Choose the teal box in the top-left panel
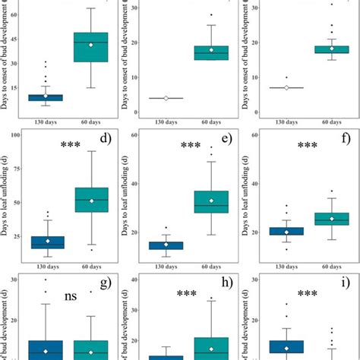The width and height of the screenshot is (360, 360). tap(90, 46)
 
